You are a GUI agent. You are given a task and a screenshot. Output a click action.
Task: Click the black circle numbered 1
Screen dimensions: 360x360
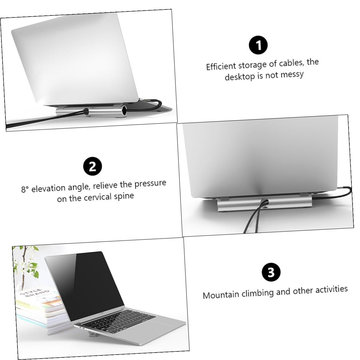(258, 45)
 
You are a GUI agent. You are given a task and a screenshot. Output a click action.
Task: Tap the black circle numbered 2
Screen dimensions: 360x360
(92, 166)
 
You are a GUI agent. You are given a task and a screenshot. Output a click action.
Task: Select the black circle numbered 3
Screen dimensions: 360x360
(271, 272)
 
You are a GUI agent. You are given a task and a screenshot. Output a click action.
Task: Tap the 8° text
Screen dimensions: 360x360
(25, 189)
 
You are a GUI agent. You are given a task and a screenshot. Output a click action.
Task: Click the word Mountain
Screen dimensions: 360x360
(221, 295)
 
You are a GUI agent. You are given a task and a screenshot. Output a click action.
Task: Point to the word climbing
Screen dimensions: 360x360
(258, 293)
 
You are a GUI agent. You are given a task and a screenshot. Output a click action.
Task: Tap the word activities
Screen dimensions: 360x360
(332, 289)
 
